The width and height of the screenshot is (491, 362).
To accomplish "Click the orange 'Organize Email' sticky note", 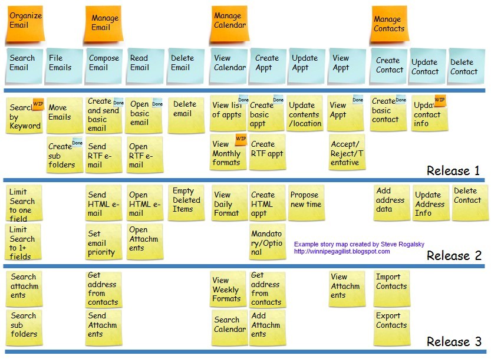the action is coord(24,24).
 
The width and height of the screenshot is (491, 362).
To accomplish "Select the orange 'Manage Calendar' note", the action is coord(229,24).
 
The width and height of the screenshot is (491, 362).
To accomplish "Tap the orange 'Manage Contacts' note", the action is coord(390,24).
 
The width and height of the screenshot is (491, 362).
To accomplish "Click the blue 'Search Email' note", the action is coord(24,66).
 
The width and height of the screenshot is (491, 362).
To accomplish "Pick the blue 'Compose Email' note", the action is coord(104,66).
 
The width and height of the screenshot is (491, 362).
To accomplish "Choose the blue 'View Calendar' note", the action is coord(229,66).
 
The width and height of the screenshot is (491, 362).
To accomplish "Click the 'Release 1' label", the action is coord(453,170).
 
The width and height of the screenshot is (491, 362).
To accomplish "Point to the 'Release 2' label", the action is coord(454,255).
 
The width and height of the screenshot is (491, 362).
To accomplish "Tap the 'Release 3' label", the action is coord(454,341).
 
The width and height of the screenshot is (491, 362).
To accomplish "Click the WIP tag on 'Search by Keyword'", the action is coord(38,104).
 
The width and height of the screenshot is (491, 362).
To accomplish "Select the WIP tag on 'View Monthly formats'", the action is coord(241,139).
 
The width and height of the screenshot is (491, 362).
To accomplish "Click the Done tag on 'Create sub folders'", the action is coord(77,143).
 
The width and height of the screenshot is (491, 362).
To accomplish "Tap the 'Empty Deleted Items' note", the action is coord(186,203).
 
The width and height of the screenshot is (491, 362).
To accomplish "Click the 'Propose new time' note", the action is coord(306,203).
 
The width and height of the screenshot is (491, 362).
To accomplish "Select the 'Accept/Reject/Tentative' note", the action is coord(347,152).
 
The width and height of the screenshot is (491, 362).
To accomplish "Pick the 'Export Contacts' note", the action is coord(392,327).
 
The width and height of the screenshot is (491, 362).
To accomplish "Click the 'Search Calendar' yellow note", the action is coord(230,327).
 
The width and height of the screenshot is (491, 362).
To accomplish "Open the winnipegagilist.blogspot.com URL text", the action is coord(342,252).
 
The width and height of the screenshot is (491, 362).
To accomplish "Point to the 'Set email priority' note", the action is coord(104,242).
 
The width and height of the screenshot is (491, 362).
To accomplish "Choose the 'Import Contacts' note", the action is coord(392,288).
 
